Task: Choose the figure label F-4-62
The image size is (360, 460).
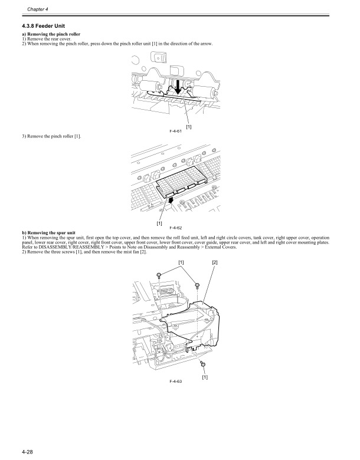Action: pos(175,227)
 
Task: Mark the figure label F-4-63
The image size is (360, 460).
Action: pos(175,382)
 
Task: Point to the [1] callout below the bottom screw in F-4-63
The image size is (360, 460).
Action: pos(205,377)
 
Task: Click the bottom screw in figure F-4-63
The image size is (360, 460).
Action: pos(202,366)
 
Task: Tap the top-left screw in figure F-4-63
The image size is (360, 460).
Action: pos(159,275)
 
